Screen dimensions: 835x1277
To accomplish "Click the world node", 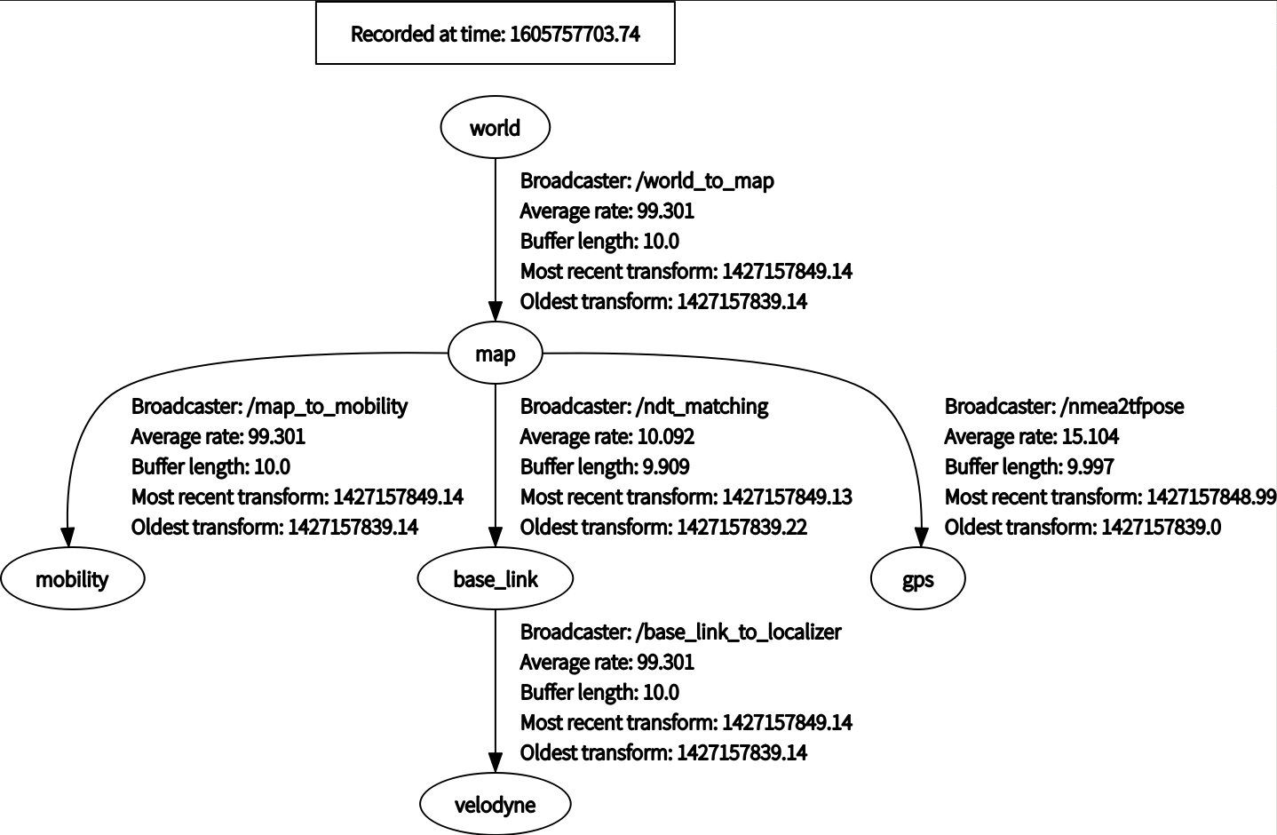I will (495, 127).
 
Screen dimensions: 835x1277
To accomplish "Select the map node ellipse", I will (495, 354).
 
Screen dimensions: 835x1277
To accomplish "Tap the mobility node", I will (72, 579).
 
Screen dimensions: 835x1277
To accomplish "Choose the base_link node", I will (495, 579).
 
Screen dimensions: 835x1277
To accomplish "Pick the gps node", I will (917, 579).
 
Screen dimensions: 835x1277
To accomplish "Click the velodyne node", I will (495, 805).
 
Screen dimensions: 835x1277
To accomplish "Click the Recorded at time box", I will (495, 34).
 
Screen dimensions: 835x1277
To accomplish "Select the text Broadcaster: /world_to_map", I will (646, 180).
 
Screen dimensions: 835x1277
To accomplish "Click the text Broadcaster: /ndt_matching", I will (644, 406).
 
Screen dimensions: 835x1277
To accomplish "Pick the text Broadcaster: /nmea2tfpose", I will (1064, 406).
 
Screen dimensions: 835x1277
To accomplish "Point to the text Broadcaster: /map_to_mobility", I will (269, 406).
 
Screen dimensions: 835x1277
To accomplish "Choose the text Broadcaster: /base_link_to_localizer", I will (680, 632).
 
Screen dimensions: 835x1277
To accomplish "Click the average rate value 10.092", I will (666, 436).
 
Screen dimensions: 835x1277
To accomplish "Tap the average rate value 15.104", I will (1091, 436).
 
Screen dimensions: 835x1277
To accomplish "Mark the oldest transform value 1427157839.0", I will (1161, 527).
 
